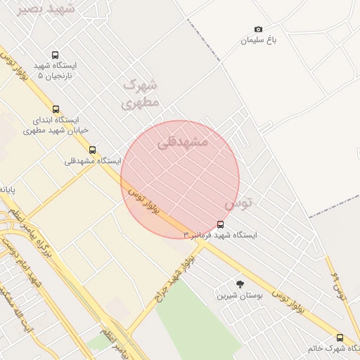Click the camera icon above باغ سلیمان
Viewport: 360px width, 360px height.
click(258, 29)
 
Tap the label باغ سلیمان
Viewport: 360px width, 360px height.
click(259, 40)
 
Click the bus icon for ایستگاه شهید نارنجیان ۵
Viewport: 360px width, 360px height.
click(56, 55)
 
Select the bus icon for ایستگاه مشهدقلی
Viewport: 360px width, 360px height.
click(92, 150)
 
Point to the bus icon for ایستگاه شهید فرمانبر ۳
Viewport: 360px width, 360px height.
click(221, 224)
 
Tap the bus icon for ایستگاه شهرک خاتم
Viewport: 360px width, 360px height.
click(340, 337)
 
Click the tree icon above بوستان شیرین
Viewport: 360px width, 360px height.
click(240, 284)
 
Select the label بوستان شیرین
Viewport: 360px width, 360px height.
click(240, 295)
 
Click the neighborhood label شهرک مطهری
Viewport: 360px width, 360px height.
click(141, 93)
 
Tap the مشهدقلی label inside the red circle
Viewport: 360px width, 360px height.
click(183, 141)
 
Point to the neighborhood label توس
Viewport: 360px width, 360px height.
click(238, 204)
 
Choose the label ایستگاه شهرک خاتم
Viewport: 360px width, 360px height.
click(333, 348)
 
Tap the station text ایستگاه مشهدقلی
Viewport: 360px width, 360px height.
click(88, 161)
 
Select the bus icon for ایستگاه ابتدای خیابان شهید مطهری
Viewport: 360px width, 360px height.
click(56, 109)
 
